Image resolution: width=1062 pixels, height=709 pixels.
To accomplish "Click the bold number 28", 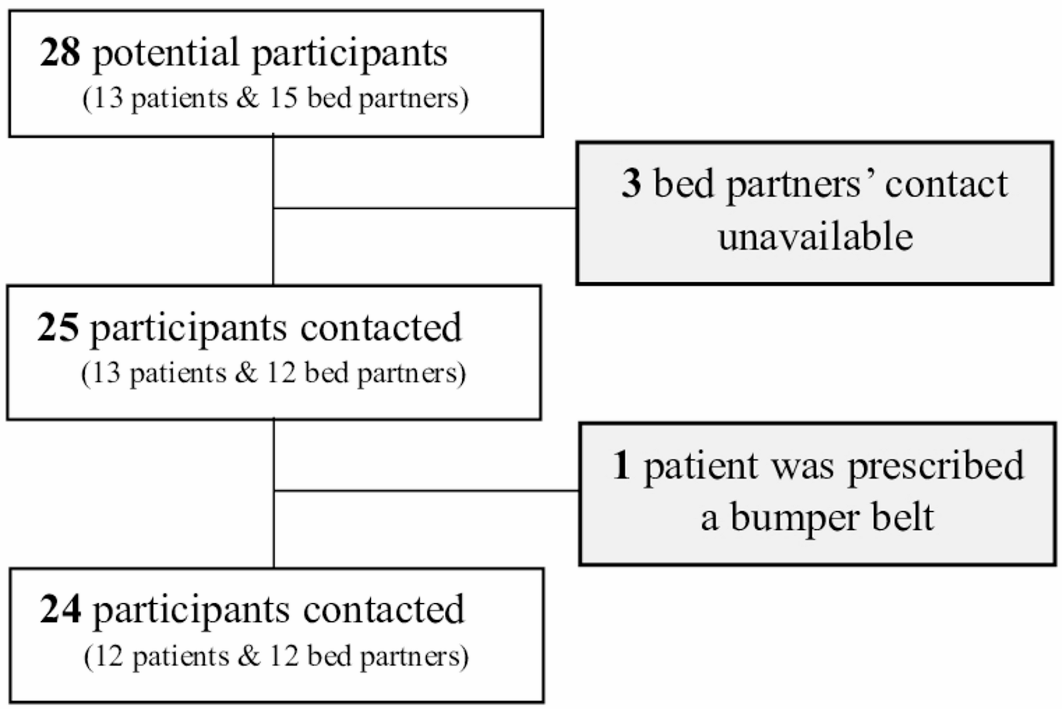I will click(x=60, y=53).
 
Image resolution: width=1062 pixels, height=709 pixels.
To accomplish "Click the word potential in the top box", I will click(x=166, y=54).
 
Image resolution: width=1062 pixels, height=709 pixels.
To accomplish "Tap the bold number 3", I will click(x=631, y=183).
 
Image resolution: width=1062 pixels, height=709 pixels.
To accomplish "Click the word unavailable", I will click(x=815, y=236).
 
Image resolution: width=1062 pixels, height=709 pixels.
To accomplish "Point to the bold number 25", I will click(x=58, y=328).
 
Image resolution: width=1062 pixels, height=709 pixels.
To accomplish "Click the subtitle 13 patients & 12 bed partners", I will click(x=273, y=373).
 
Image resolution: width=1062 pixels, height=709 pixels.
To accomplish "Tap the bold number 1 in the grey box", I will click(x=621, y=466).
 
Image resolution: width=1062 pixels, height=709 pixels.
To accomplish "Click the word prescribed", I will click(x=936, y=467).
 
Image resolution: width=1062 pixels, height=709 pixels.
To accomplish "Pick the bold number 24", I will click(x=60, y=610).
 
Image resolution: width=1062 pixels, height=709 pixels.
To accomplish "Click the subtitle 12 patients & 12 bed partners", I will click(x=276, y=657).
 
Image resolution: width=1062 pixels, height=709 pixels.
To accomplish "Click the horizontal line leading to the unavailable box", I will click(x=423, y=208).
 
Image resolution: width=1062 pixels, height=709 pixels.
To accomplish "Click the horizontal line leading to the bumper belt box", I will click(x=426, y=491).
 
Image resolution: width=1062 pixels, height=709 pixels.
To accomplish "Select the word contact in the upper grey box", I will click(x=946, y=185).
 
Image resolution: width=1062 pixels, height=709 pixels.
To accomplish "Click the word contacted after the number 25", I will click(x=381, y=328).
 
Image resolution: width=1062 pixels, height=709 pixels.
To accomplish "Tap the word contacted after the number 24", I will click(x=383, y=610).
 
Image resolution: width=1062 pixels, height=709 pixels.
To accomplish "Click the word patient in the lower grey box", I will click(x=701, y=467).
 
